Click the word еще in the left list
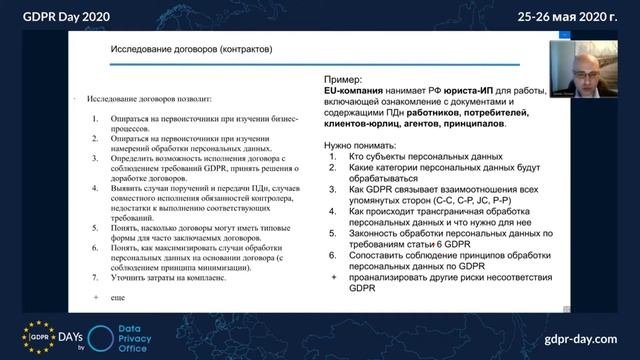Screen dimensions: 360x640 118,299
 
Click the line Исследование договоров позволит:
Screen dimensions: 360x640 150,101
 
